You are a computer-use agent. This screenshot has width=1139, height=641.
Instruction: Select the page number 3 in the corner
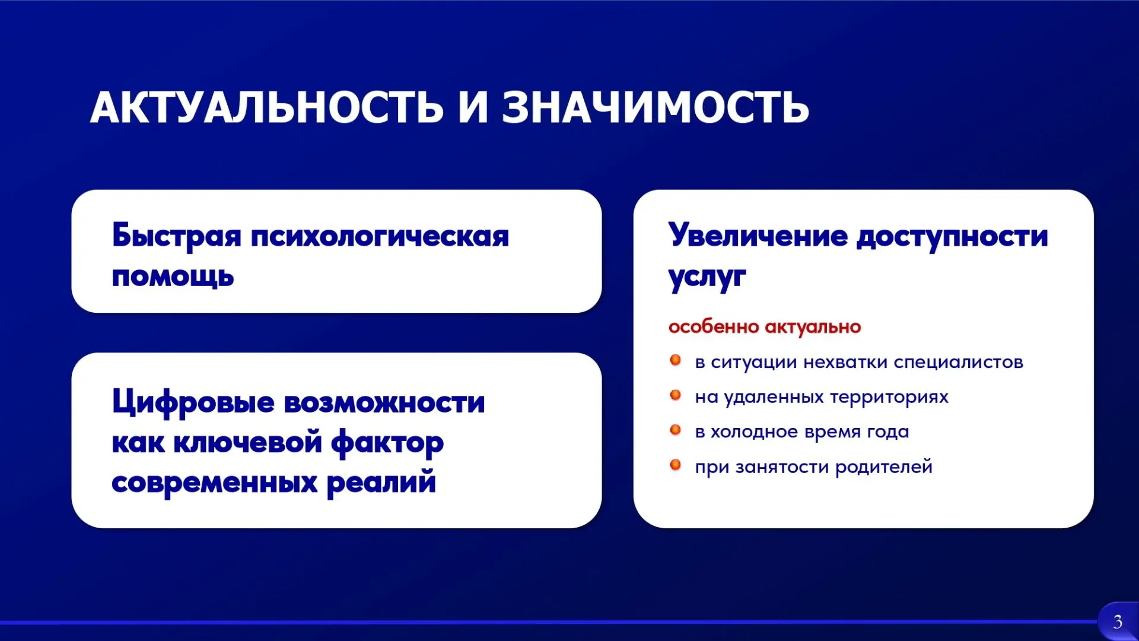pos(1118,622)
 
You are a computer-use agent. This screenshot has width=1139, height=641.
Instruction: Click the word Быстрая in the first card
pos(177,236)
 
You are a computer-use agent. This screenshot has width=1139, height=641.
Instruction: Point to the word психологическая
pos(380,237)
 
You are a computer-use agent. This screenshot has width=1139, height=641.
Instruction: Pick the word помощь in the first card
pos(173,277)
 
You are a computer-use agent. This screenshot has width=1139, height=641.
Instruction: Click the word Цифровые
pos(193,402)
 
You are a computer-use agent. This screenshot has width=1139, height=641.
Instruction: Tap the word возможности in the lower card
pos(384,403)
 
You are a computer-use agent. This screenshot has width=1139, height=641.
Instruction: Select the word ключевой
pos(247,442)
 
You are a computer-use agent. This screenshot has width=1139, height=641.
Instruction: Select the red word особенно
pos(714,326)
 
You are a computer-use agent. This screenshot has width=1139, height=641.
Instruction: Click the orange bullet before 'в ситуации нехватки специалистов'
pos(675,360)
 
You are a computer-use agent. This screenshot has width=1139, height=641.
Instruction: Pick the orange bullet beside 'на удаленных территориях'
pos(675,395)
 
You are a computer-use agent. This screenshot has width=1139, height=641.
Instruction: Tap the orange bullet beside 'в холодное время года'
pos(675,430)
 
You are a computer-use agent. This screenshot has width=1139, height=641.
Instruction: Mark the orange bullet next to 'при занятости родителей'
pos(675,465)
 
